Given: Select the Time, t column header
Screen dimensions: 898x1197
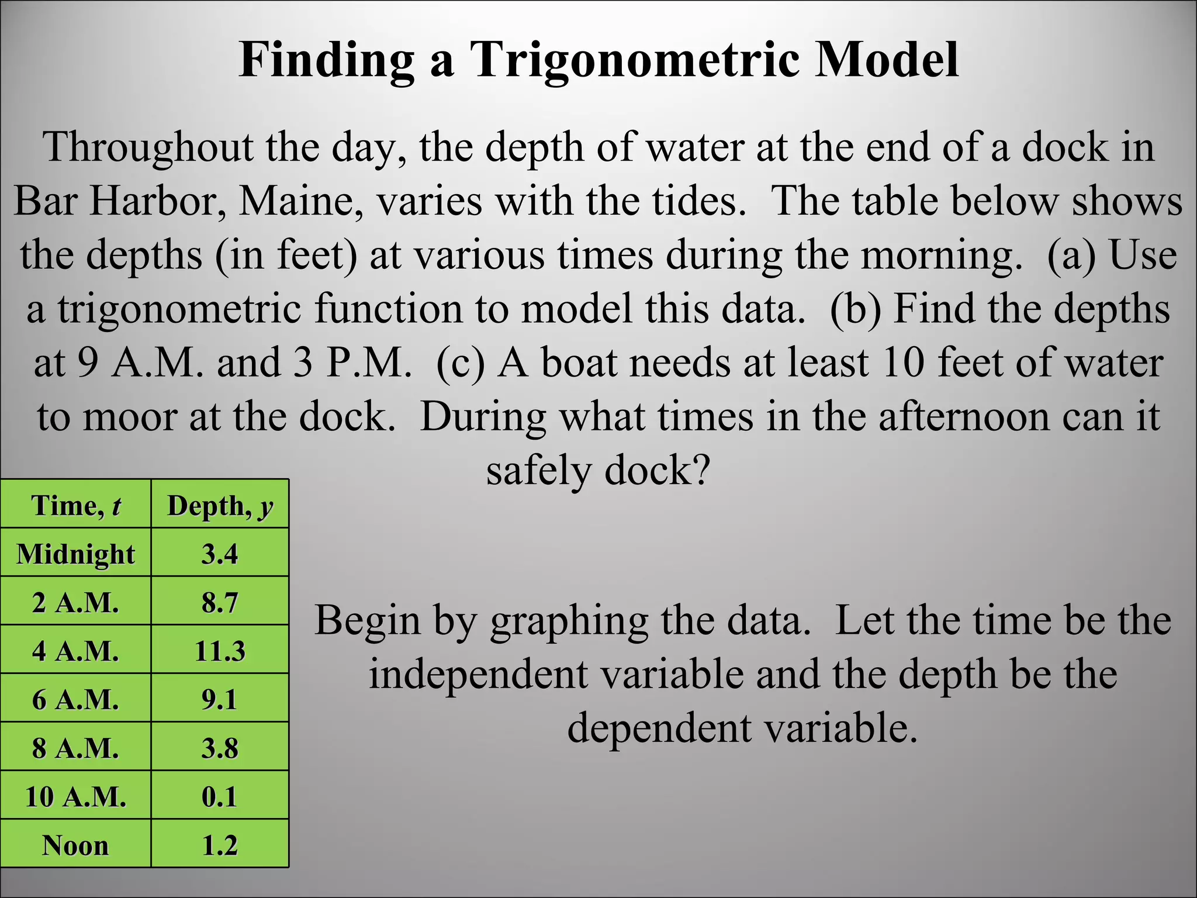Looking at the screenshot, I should point(76,505).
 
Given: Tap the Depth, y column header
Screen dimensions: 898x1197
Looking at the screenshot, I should point(220,505).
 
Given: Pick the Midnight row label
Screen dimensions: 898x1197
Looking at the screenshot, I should point(76,554).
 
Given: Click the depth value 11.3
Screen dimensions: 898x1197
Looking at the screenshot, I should point(220,651).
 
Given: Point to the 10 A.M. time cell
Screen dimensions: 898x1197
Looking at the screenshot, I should point(76,796).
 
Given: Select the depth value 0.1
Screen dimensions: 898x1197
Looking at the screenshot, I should point(220,796).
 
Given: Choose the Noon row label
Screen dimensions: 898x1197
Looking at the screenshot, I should point(76,845).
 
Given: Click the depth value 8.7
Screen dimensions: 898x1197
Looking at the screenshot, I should point(220,602).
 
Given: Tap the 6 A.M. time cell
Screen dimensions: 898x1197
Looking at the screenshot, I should point(76,699).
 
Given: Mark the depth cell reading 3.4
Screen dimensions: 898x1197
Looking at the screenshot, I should point(220,554).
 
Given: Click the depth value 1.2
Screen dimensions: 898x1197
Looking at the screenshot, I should point(220,845).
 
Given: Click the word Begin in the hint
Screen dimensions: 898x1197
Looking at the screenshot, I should point(367,620).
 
